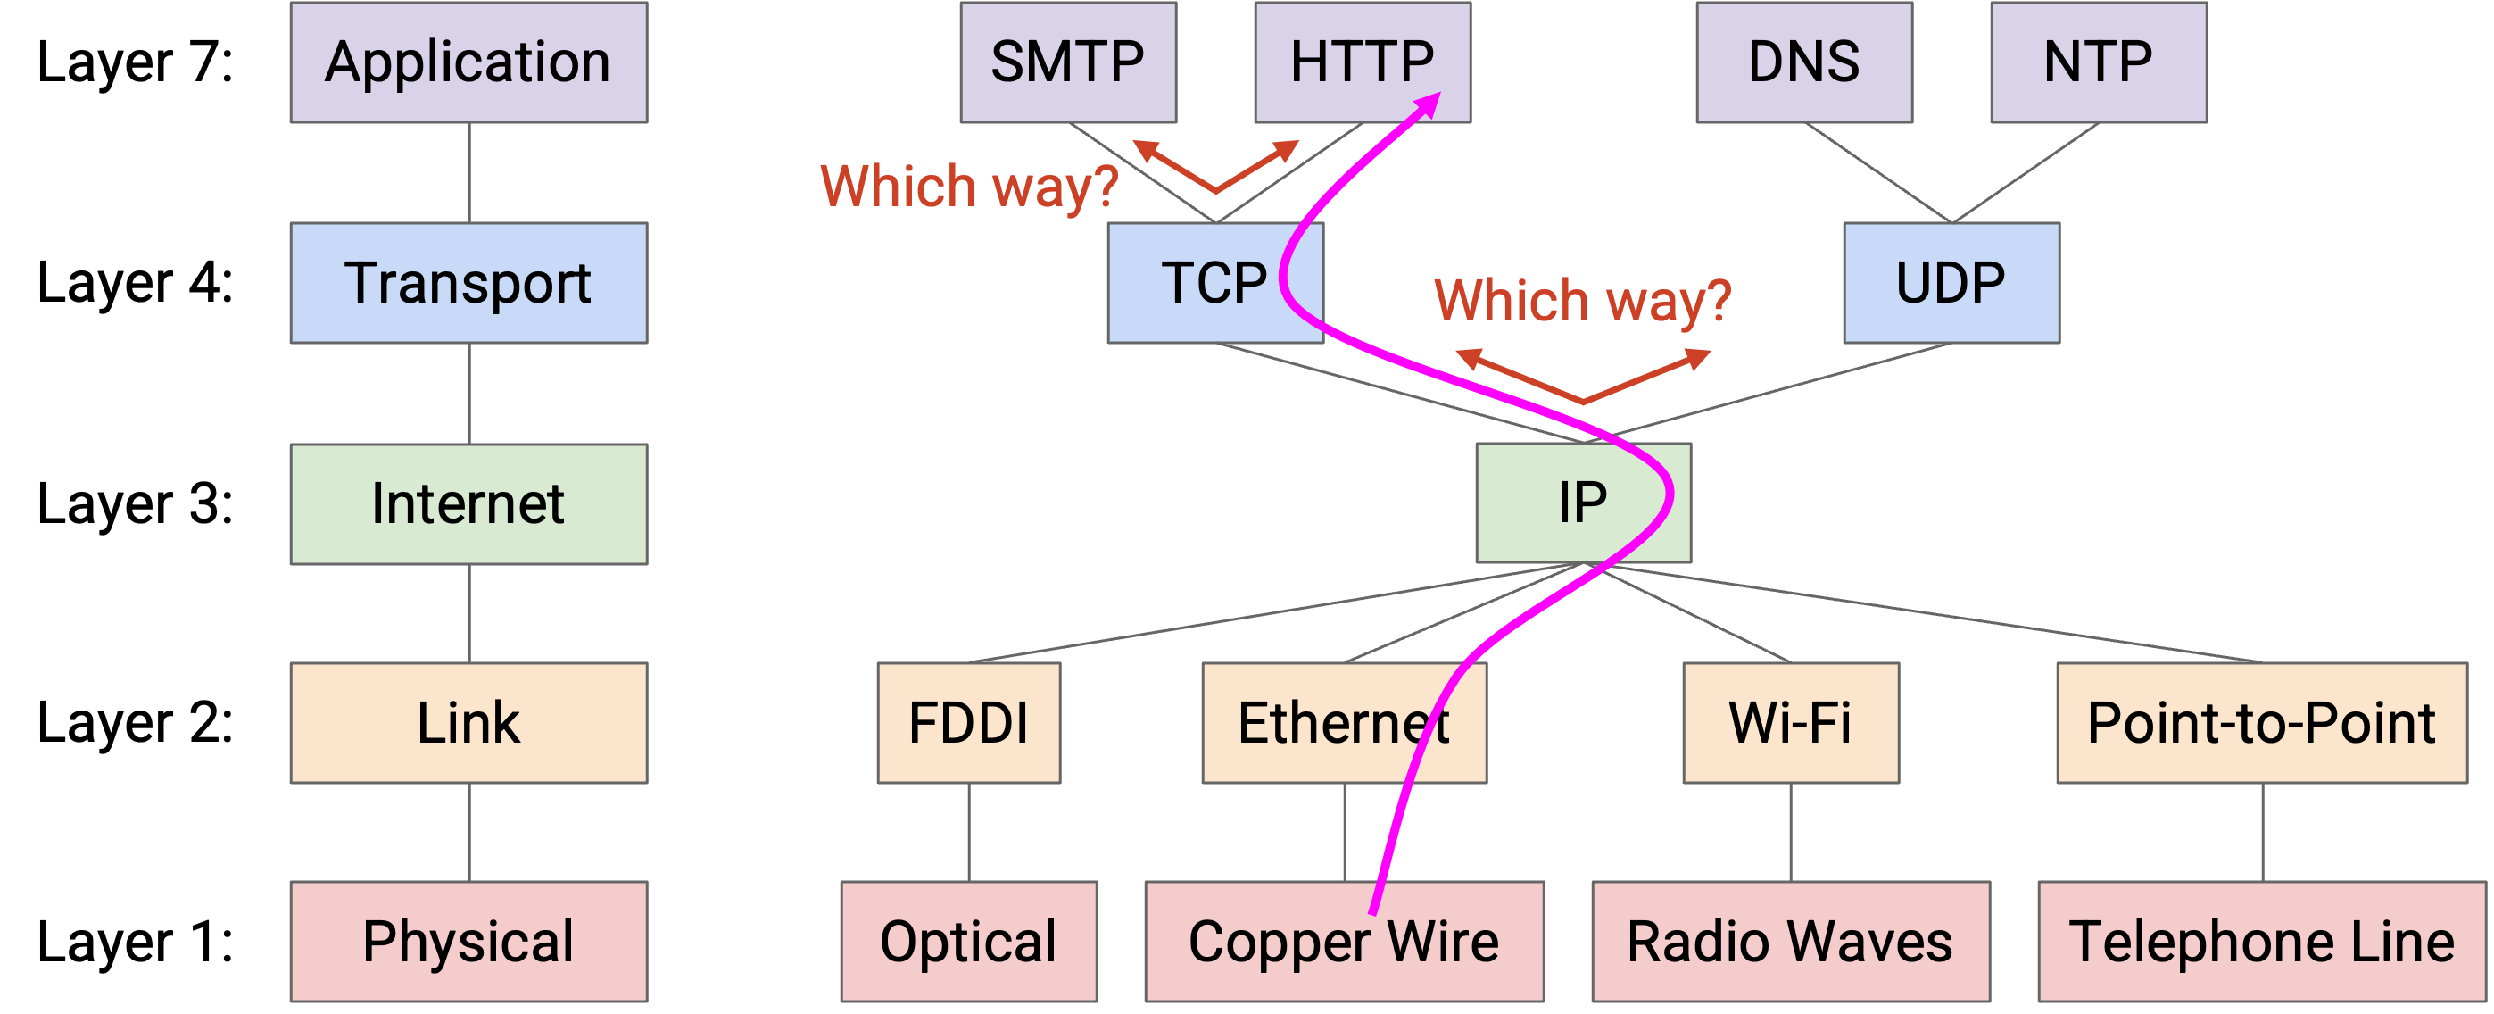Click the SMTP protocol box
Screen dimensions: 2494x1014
1068,62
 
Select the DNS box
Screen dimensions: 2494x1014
1804,62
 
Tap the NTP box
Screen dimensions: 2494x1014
2099,62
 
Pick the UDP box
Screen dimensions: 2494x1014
1951,283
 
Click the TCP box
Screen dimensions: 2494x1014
1215,283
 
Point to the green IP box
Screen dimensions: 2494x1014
1584,503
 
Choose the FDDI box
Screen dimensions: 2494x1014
969,722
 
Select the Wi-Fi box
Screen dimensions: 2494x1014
1791,722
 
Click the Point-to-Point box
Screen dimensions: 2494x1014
2263,722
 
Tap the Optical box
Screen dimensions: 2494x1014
969,942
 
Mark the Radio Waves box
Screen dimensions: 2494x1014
1791,942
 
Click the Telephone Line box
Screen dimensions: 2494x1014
2263,942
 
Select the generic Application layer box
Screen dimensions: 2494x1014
469,62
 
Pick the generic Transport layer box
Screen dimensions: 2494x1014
469,283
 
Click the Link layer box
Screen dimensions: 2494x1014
469,722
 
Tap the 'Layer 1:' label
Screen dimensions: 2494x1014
136,942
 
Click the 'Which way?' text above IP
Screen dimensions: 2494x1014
1583,300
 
